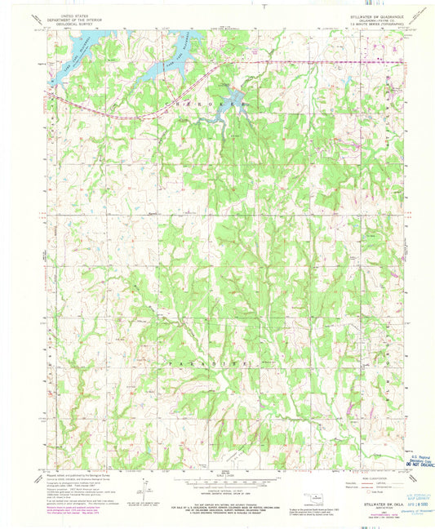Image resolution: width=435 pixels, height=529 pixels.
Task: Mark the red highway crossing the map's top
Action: pos(310,61)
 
